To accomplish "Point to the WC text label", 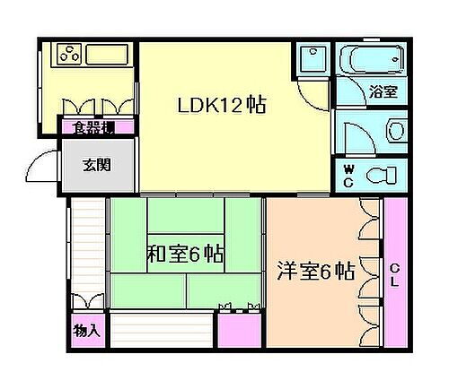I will (351, 173).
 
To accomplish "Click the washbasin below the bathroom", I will (396, 131).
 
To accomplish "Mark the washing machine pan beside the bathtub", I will (313, 60).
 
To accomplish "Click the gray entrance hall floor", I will (97, 170).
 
